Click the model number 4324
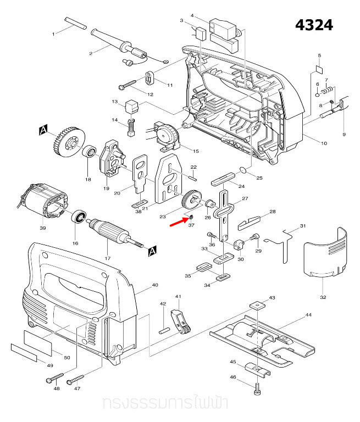coord(314,25)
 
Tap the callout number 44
coord(308,315)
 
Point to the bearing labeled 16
coord(78,217)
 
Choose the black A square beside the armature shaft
coord(152,251)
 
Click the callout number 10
coord(324,143)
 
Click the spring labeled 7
coord(328,88)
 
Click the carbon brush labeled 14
coord(131,128)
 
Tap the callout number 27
coord(245,199)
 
